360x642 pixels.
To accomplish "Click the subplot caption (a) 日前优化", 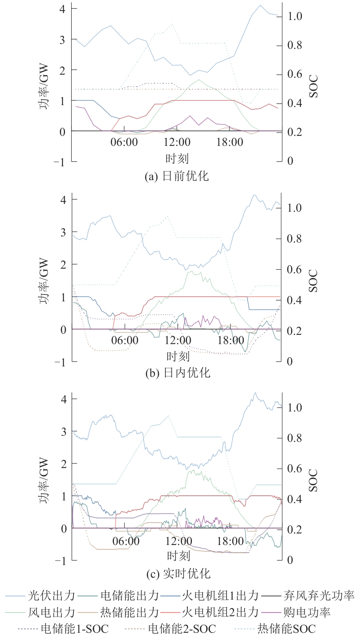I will [x=177, y=176].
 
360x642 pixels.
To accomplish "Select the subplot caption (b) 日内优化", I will [x=178, y=373].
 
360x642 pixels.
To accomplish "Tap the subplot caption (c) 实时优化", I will [x=178, y=574].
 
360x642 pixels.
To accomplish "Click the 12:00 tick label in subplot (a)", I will [x=177, y=142].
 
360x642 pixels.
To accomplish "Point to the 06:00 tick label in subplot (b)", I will [x=125, y=340].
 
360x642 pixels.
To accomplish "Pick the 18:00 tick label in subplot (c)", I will [x=230, y=541].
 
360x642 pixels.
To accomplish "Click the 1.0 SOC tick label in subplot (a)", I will [x=295, y=16].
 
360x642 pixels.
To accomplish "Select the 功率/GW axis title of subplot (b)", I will [x=44, y=281].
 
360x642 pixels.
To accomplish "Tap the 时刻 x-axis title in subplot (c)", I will [x=178, y=555].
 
